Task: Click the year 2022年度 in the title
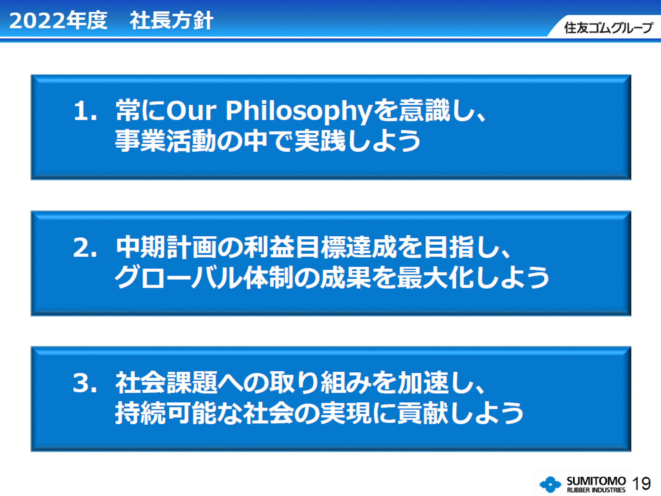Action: [58, 21]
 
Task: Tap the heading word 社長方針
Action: [171, 21]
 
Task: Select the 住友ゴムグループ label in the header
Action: [608, 28]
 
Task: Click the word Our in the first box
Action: [191, 111]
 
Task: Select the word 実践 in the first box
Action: [320, 141]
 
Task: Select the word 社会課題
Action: [167, 383]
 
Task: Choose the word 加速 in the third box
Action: [423, 383]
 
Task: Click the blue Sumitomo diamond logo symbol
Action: [550, 484]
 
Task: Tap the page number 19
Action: [641, 484]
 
